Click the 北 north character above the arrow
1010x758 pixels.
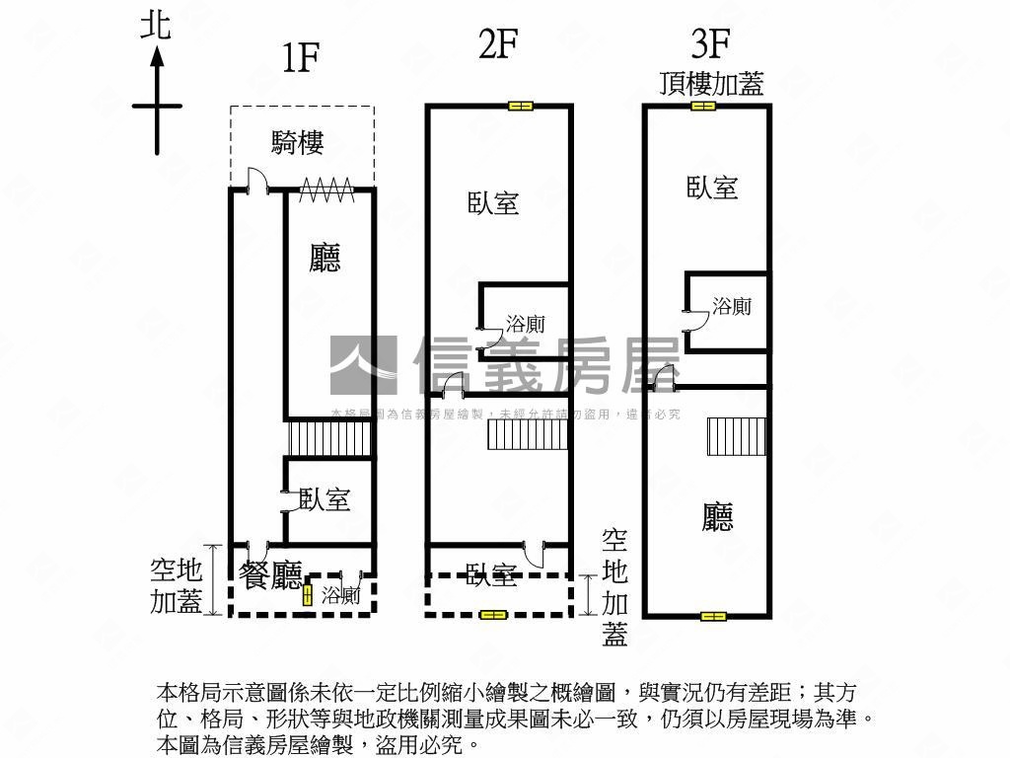[x=156, y=25]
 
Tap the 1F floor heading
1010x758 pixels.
[x=300, y=58]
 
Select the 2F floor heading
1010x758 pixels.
[x=498, y=44]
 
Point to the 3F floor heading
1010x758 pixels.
[x=710, y=44]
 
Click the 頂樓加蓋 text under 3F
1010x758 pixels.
[x=711, y=83]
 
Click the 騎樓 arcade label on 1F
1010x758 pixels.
[x=297, y=142]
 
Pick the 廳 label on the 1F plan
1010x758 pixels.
[x=325, y=259]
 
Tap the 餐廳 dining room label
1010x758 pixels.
[x=270, y=574]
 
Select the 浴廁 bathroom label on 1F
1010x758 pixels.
[x=341, y=595]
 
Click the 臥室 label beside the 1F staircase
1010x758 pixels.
[x=325, y=499]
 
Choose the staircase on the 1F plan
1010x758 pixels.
[x=329, y=439]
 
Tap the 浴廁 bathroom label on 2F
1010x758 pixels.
[x=525, y=324]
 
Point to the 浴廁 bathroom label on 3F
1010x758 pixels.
[x=732, y=307]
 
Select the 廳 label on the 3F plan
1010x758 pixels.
[x=718, y=516]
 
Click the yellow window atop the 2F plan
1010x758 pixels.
[x=520, y=106]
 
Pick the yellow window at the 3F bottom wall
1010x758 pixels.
[x=712, y=617]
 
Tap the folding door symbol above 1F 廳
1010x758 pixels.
[x=326, y=189]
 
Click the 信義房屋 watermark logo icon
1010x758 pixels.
[x=363, y=365]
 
